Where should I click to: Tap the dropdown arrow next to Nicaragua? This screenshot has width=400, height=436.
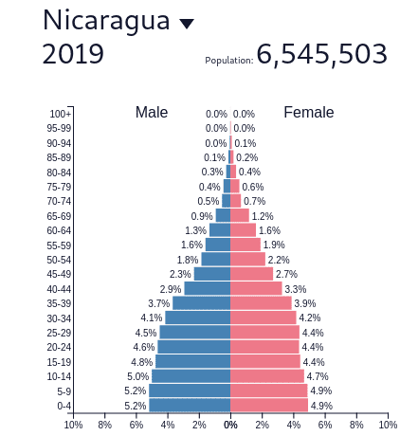click(187, 24)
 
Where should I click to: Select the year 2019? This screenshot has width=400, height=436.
click(73, 55)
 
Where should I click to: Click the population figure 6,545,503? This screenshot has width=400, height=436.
click(321, 55)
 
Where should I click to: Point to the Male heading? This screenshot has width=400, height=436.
click(152, 112)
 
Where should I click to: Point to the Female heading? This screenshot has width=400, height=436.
click(309, 112)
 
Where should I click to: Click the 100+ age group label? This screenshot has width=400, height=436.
click(61, 114)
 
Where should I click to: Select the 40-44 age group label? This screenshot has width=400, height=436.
click(59, 289)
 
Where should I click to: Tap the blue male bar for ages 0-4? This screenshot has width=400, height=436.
click(190, 406)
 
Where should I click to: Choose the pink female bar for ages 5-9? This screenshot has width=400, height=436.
click(269, 391)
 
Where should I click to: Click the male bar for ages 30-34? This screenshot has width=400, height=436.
click(198, 318)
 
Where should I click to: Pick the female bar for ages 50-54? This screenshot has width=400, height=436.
click(247, 260)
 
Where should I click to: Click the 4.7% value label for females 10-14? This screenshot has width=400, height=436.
click(318, 376)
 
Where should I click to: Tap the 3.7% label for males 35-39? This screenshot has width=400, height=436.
click(158, 303)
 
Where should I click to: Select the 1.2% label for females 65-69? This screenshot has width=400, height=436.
click(263, 216)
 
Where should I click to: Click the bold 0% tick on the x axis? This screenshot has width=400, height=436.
click(230, 425)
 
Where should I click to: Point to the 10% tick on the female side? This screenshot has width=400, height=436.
click(387, 425)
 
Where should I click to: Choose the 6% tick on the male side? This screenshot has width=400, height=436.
click(136, 425)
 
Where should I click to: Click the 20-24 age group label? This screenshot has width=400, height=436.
click(59, 347)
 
